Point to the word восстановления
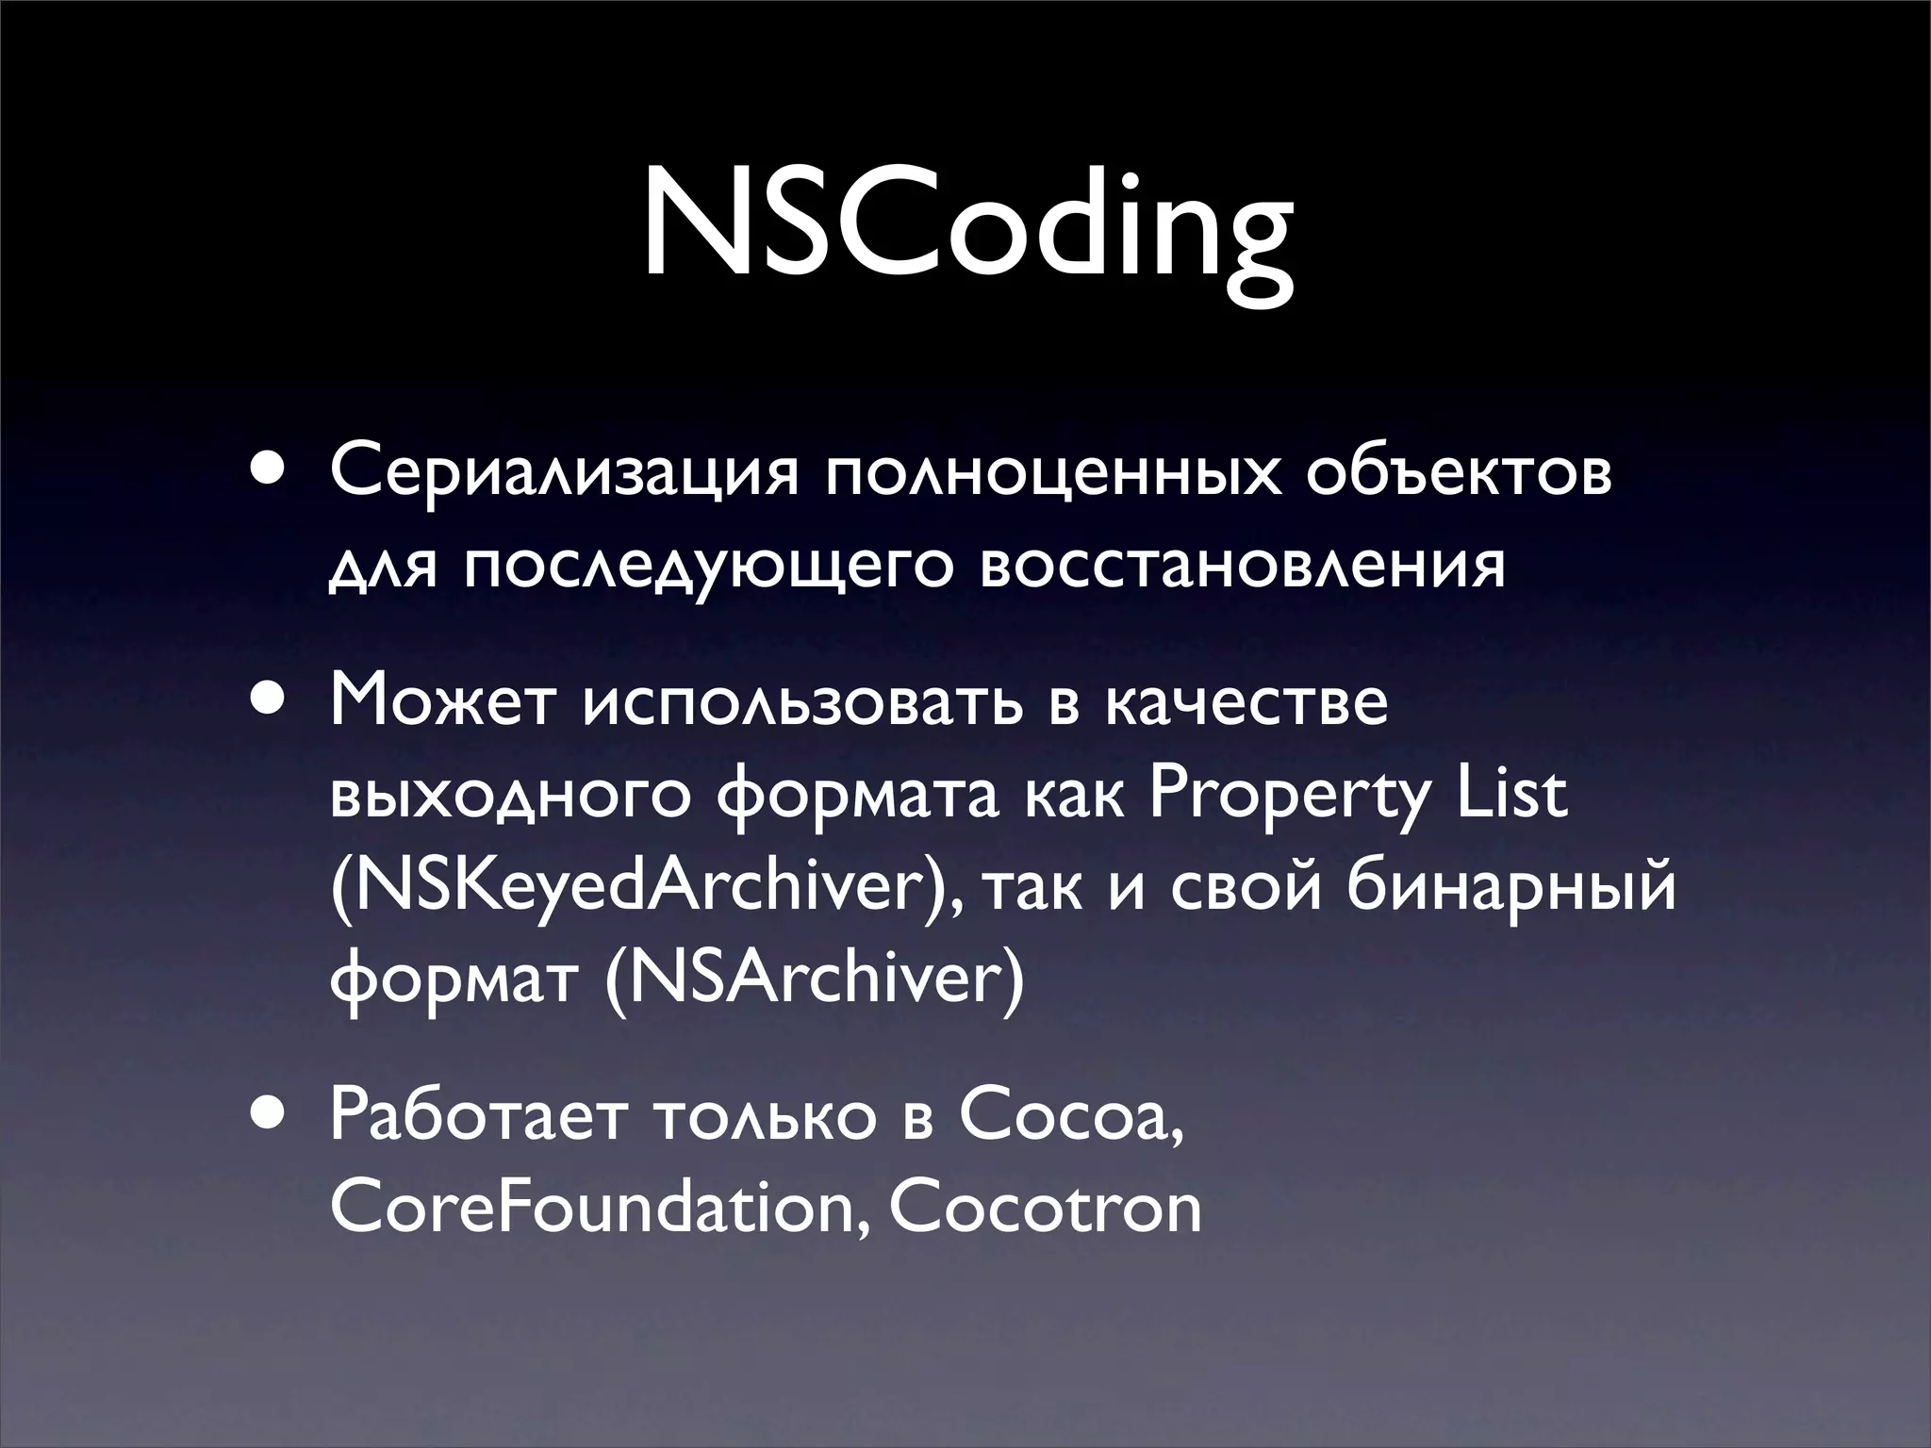tap(1242, 568)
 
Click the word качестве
tap(1246, 705)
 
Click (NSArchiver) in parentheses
tap(814, 980)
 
